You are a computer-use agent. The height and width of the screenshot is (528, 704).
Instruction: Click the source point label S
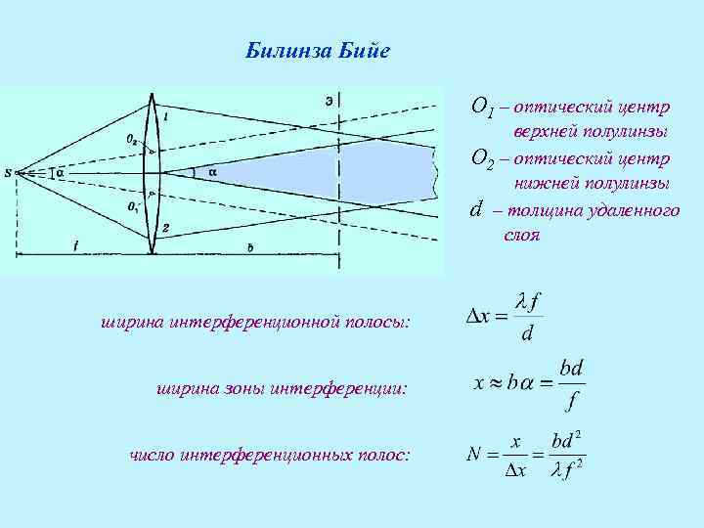coord(8,173)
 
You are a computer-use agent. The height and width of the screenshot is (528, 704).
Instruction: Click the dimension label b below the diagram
coord(249,248)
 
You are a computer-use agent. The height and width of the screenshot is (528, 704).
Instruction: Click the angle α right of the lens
coord(212,173)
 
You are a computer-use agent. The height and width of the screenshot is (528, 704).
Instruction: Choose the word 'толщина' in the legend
coord(545,210)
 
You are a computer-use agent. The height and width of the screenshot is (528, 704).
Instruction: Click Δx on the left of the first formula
coord(480,317)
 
